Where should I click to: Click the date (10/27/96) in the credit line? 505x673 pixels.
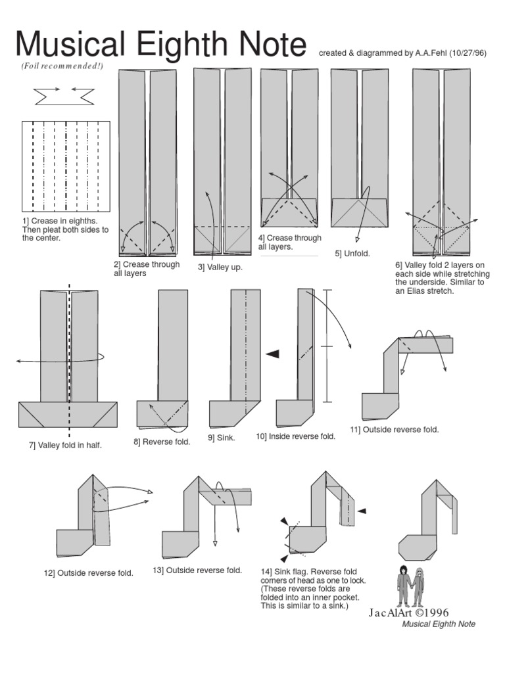click(468, 53)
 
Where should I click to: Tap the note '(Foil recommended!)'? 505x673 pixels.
click(62, 66)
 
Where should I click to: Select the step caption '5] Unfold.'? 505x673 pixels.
click(352, 252)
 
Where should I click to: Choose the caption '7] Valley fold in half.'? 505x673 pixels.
click(65, 446)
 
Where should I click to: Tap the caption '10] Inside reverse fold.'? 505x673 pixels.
click(295, 436)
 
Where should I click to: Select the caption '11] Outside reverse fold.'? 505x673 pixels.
click(394, 429)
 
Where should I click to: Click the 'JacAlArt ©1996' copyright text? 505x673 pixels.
click(399, 613)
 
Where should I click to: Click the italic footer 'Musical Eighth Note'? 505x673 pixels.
click(439, 624)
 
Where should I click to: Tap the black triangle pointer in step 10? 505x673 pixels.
click(272, 354)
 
